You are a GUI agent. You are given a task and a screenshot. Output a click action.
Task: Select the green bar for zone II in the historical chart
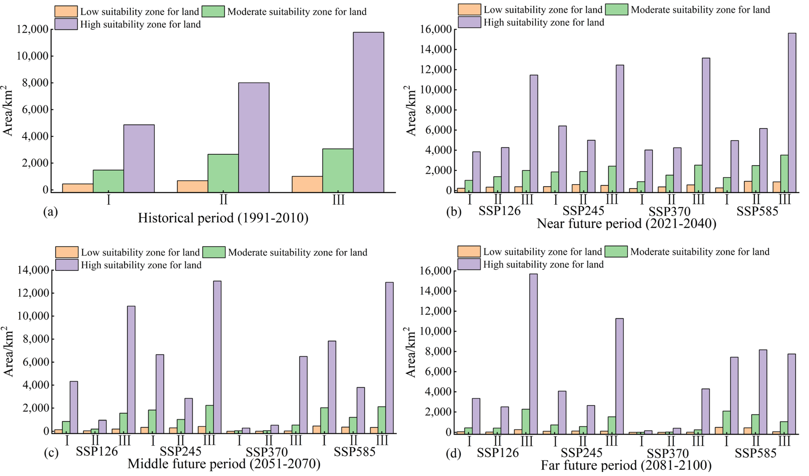click(x=223, y=173)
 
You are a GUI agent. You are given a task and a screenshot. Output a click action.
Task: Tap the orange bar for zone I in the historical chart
click(x=77, y=188)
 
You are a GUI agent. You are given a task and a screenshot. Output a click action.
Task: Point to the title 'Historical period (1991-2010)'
click(x=223, y=218)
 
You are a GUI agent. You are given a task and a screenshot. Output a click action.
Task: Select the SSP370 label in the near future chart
click(x=669, y=212)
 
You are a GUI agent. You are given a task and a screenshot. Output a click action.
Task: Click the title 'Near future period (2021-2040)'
click(x=626, y=223)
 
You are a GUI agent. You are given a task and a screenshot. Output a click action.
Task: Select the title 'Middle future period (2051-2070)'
click(x=224, y=464)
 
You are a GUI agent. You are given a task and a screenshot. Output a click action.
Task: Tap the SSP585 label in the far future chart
click(x=755, y=453)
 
